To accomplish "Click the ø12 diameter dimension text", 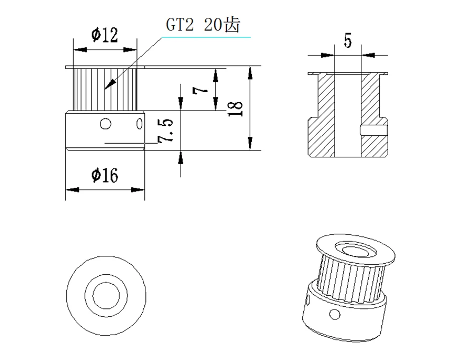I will pyautogui.click(x=104, y=35).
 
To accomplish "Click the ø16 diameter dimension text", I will pyautogui.click(x=104, y=174).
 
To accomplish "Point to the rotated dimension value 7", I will pyautogui.click(x=200, y=90).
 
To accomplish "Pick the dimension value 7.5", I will pyautogui.click(x=165, y=131).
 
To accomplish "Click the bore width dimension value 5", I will pyautogui.click(x=348, y=41).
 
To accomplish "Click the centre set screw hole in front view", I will pyautogui.click(x=105, y=124).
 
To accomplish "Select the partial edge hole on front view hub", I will pyautogui.click(x=140, y=124).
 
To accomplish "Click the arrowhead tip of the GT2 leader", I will pyautogui.click(x=107, y=86).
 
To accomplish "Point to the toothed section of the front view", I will pyautogui.click(x=92, y=89).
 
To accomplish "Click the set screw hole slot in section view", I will pyautogui.click(x=373, y=128).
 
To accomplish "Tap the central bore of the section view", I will pyautogui.click(x=348, y=116).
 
